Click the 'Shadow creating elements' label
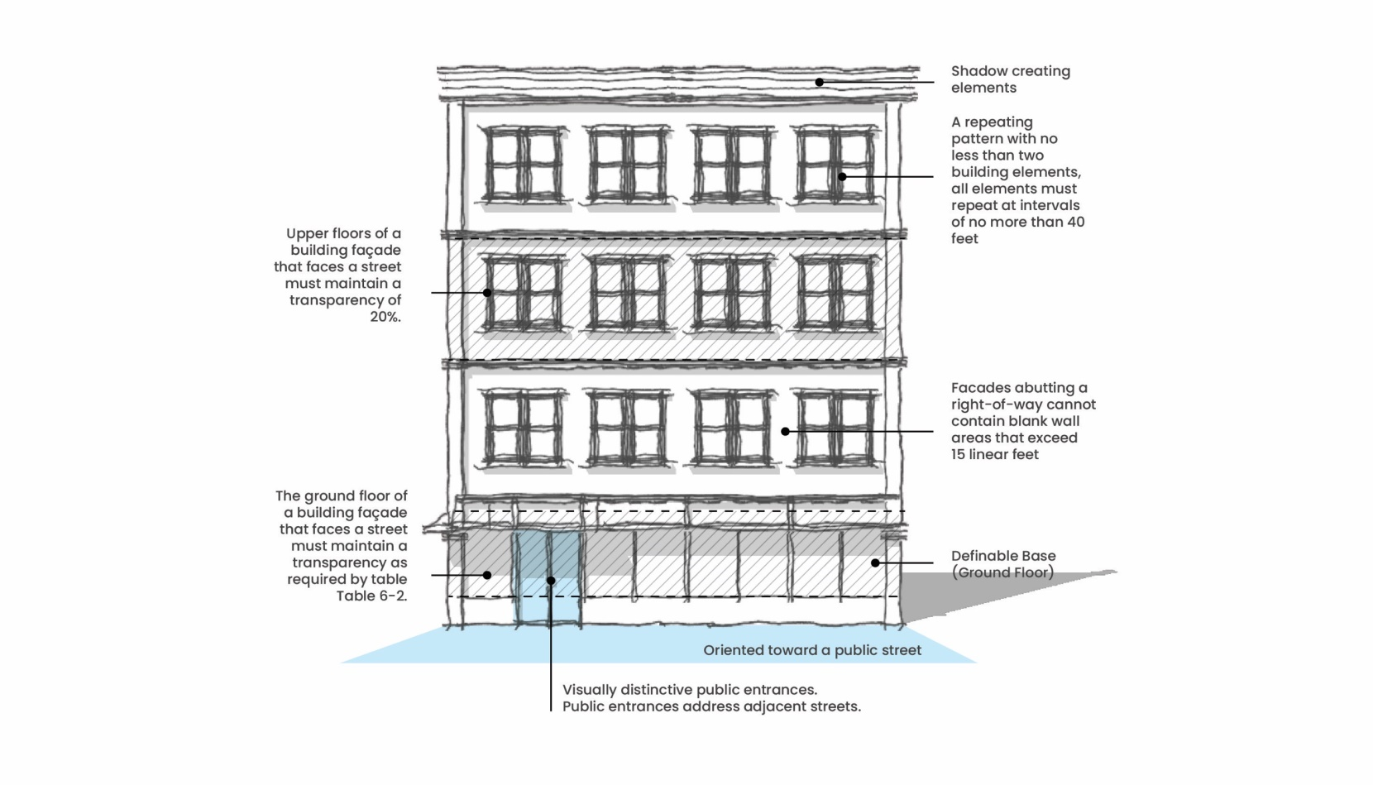coord(1010,79)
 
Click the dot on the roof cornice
coord(819,82)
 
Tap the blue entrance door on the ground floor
coord(547,579)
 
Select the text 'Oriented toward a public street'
coord(811,650)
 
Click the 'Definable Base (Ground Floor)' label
coord(1002,564)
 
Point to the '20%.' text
coord(385,317)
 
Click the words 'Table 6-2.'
coord(371,596)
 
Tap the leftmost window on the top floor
coord(523,164)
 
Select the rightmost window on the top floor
coord(835,164)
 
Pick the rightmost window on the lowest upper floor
coord(835,428)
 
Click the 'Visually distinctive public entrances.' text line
coord(690,690)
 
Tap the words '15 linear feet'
coord(994,454)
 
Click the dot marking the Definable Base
coord(875,562)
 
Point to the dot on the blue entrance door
coord(551,581)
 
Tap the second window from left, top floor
coord(627,164)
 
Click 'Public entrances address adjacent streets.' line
coord(711,706)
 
